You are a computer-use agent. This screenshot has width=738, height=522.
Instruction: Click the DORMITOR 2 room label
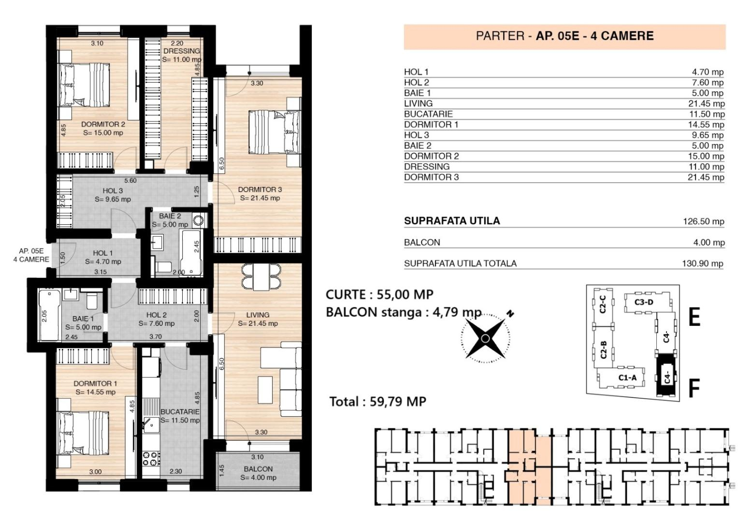point(103,124)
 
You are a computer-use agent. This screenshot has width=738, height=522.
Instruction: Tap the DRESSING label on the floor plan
point(182,51)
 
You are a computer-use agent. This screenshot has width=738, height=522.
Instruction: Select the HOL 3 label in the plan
point(113,191)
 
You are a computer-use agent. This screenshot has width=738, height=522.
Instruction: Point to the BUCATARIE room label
point(180,412)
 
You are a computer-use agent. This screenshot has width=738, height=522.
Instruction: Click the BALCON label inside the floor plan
point(258,469)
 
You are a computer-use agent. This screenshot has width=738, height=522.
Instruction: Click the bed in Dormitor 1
point(83,433)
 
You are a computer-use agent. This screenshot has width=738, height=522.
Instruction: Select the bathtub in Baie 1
point(50,315)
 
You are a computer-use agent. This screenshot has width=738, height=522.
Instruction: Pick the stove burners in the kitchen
point(151,459)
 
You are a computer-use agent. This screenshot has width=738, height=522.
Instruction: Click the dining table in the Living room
point(261,277)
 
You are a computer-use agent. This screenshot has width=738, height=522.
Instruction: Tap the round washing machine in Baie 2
point(199,220)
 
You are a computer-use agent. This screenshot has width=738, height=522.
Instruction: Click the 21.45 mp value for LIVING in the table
point(707,103)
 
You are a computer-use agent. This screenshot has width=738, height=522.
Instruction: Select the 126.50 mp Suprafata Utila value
point(703,221)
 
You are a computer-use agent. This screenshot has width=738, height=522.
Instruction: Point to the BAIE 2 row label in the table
point(418,145)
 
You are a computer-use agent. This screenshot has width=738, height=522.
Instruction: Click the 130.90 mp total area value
point(703,263)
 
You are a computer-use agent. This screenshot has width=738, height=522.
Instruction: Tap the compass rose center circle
point(485,338)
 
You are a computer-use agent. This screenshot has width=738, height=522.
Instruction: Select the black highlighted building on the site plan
point(666,376)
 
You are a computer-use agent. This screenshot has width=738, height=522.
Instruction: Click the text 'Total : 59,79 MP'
point(378,401)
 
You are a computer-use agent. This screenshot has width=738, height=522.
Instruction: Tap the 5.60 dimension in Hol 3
point(130,181)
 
